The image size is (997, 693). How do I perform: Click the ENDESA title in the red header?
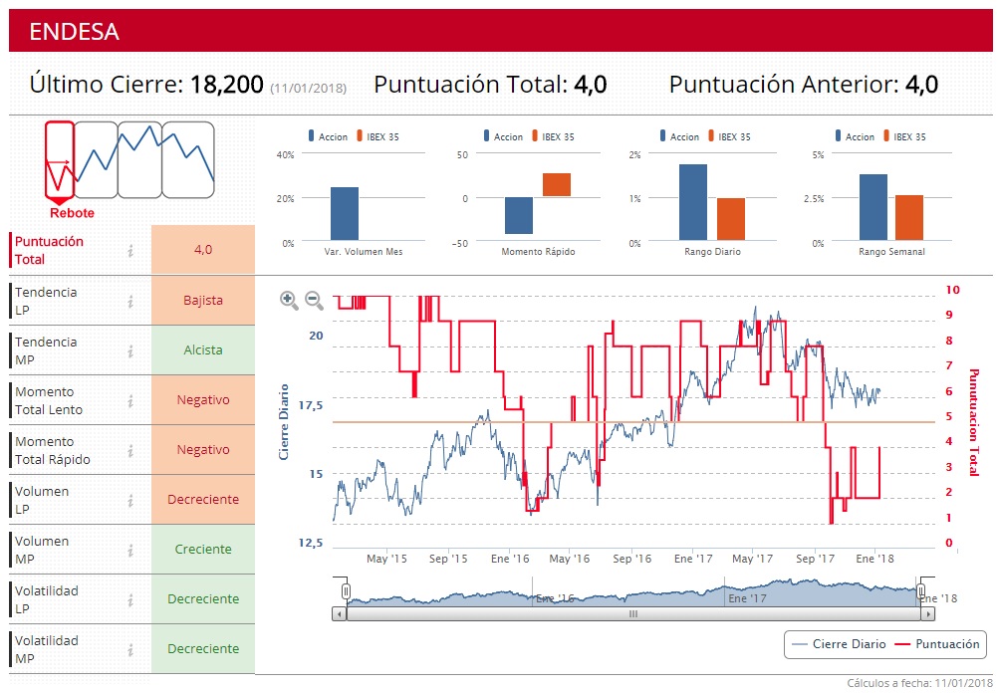[75, 32]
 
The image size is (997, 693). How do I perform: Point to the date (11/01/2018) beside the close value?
[308, 88]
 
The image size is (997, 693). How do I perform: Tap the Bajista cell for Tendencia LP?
[203, 300]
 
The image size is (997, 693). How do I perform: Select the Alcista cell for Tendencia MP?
[203, 349]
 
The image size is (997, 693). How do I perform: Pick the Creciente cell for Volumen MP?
[203, 549]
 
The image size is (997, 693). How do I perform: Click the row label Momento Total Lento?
[49, 400]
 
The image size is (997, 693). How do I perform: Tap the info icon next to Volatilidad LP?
[130, 599]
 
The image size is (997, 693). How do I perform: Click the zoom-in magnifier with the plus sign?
[289, 300]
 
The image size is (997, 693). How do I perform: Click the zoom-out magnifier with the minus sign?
[314, 300]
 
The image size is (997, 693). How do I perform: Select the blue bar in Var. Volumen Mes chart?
[345, 213]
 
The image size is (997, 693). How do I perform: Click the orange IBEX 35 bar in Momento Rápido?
[557, 185]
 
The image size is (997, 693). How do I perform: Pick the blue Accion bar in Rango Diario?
[693, 202]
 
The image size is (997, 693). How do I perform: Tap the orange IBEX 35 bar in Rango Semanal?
[908, 217]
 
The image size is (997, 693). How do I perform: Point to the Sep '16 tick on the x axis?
[632, 559]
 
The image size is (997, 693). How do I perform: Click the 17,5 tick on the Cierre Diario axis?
[310, 405]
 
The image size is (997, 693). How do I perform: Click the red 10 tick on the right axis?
[953, 290]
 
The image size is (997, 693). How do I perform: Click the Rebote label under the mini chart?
[72, 213]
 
